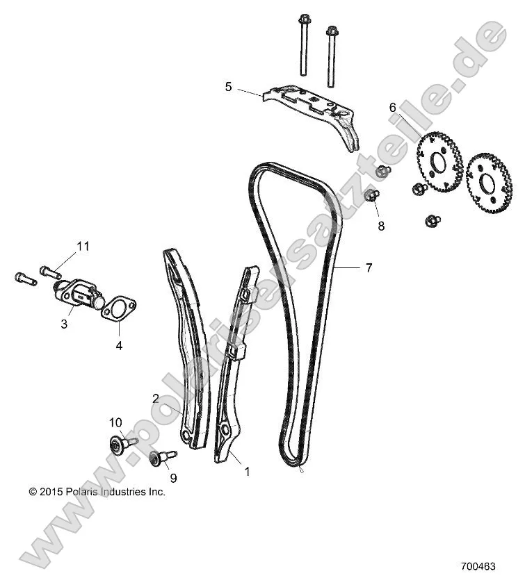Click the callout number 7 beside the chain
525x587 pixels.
(x=369, y=267)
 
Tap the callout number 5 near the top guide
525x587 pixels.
(x=228, y=87)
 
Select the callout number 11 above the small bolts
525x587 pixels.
(x=83, y=246)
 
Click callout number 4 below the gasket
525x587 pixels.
(x=119, y=345)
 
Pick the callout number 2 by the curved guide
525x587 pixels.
(x=156, y=398)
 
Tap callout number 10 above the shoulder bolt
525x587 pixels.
(x=115, y=422)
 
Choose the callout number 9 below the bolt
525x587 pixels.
(x=173, y=477)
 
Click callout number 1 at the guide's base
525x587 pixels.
(x=245, y=472)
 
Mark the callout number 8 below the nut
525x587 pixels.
(x=381, y=226)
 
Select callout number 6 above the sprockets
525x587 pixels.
(x=392, y=108)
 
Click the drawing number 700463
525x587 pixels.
(x=478, y=566)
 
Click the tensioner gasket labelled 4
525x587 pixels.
(x=119, y=308)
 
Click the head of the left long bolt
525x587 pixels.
(x=303, y=19)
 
